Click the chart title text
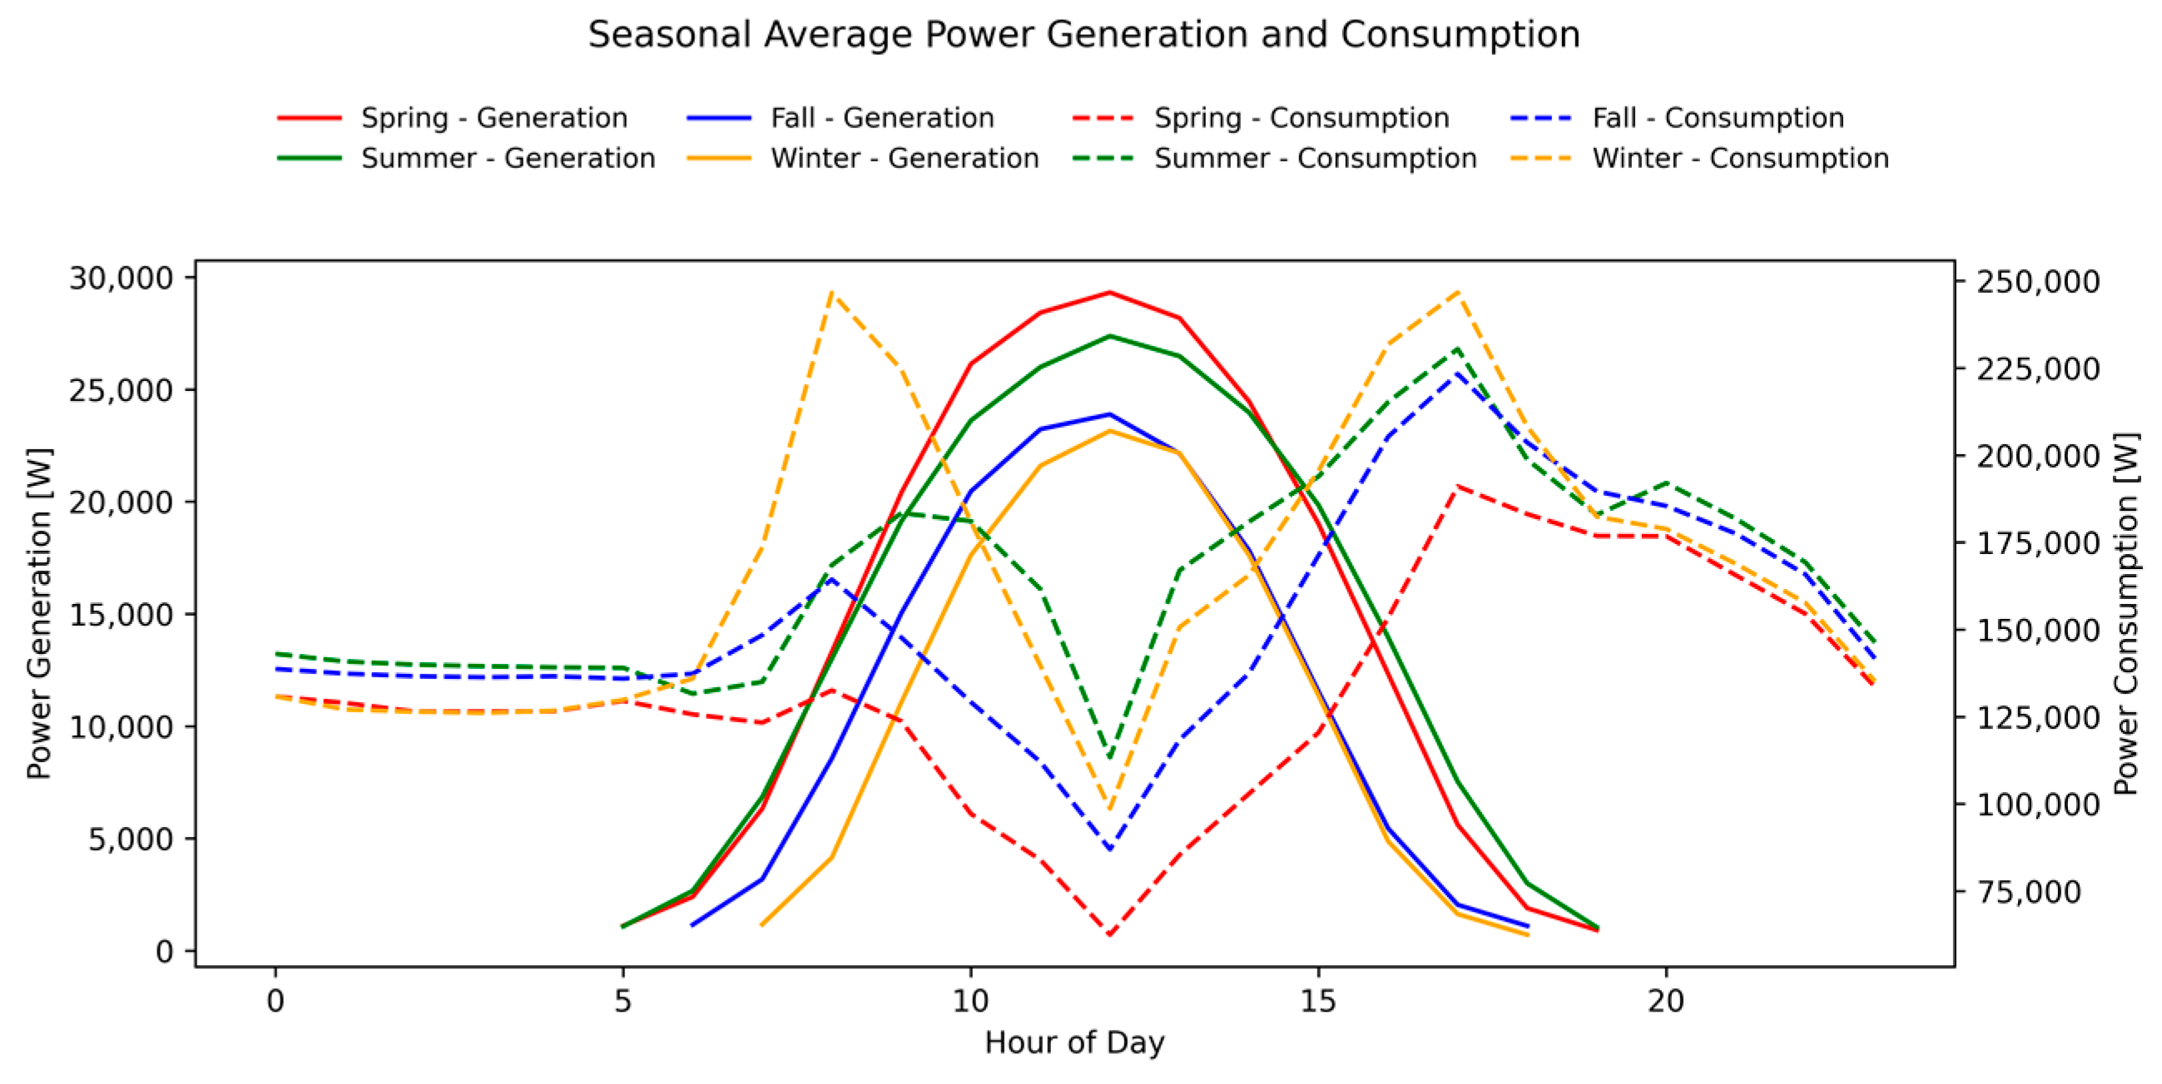click(1083, 35)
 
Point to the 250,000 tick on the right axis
click(2039, 282)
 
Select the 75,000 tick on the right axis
click(2030, 892)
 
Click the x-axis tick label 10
click(970, 1002)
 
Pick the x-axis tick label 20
click(1665, 1002)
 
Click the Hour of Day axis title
click(1074, 1043)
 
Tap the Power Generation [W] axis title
click(38, 613)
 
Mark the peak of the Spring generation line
click(1109, 293)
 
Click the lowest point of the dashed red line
click(1109, 934)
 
